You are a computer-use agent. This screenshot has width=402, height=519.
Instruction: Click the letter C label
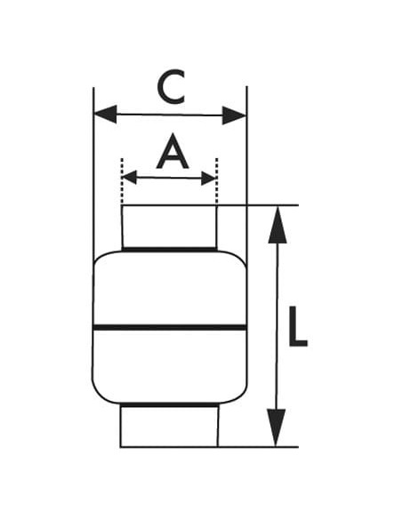[171, 87]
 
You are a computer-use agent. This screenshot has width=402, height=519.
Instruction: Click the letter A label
[173, 152]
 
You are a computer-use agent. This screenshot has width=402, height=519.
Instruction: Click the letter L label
[298, 327]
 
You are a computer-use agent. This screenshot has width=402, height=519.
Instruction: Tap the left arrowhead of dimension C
[106, 114]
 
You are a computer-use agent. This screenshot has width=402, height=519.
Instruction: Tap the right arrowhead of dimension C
[234, 116]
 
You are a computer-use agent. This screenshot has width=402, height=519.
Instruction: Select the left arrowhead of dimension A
[130, 178]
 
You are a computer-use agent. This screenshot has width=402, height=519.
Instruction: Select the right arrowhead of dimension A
[209, 179]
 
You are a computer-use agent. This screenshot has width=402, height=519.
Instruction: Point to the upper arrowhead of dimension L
[277, 225]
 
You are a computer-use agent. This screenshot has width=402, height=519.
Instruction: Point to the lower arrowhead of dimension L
[276, 427]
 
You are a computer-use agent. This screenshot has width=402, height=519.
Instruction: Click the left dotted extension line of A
[122, 181]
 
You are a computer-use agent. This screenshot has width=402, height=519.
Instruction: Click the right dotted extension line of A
[216, 181]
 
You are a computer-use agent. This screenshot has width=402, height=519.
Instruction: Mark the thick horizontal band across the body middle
[170, 328]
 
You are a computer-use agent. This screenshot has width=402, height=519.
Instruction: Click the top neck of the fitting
[169, 227]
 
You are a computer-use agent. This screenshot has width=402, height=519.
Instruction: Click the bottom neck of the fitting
[169, 427]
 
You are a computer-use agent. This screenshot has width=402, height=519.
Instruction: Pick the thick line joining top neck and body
[170, 249]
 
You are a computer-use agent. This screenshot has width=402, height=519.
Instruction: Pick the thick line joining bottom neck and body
[169, 405]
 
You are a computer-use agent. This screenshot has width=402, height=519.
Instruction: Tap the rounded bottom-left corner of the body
[99, 395]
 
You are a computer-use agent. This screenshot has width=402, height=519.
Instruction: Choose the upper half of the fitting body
[170, 289]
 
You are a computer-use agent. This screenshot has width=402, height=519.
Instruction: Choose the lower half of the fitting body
[170, 367]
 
